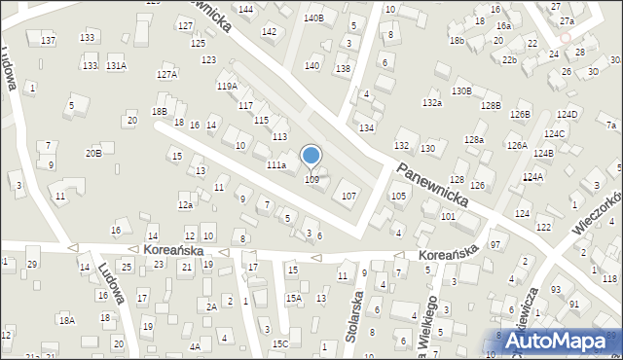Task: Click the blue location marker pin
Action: click(311, 156)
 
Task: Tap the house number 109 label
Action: click(311, 180)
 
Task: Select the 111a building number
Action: click(276, 166)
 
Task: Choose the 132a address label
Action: click(432, 102)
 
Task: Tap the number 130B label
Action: click(461, 91)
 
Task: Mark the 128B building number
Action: click(490, 105)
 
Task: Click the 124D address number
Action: click(568, 115)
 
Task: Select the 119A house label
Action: click(226, 86)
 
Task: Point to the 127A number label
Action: click(167, 74)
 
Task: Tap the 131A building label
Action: click(116, 65)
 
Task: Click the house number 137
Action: click(48, 40)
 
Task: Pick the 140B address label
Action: click(312, 18)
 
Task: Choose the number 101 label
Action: click(448, 216)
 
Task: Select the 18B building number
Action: click(160, 112)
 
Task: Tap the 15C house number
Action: click(280, 343)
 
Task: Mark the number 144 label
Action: click(245, 9)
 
